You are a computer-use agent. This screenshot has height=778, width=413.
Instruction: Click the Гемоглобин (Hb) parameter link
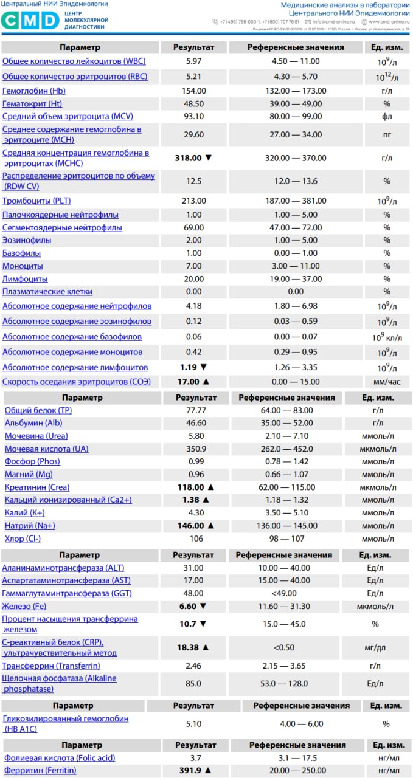[34, 91]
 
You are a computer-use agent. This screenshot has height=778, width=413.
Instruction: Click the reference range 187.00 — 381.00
[296, 201]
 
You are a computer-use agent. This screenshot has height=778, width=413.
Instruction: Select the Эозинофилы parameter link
[27, 240]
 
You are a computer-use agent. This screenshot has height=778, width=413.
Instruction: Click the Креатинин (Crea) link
[37, 487]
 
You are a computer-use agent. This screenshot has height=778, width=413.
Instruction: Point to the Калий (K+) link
[25, 513]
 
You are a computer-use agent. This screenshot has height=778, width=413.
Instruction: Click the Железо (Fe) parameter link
[24, 606]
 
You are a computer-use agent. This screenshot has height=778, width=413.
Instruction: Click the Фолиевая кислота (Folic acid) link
[60, 758]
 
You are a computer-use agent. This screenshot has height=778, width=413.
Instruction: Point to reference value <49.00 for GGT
[284, 593]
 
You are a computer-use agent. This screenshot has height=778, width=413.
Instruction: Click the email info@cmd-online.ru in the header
[335, 22]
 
